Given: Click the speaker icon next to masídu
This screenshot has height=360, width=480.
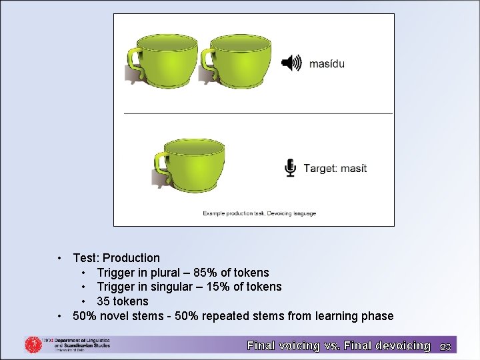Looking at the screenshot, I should (x=291, y=63).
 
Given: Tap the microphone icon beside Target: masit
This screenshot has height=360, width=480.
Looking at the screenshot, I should (x=290, y=168).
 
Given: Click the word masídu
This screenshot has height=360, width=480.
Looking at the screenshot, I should (x=327, y=64).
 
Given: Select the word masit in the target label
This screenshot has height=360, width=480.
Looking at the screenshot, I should (x=353, y=169).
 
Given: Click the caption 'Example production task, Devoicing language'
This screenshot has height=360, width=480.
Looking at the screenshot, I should (x=259, y=213).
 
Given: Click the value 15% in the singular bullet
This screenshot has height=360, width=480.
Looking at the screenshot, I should (x=218, y=287).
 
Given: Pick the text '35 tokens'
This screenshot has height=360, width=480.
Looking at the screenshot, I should (x=123, y=301).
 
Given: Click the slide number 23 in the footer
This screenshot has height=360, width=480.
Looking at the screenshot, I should (x=445, y=346).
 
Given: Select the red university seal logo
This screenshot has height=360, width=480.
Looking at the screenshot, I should (x=33, y=345).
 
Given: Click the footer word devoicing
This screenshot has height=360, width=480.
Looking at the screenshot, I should (x=393, y=345).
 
